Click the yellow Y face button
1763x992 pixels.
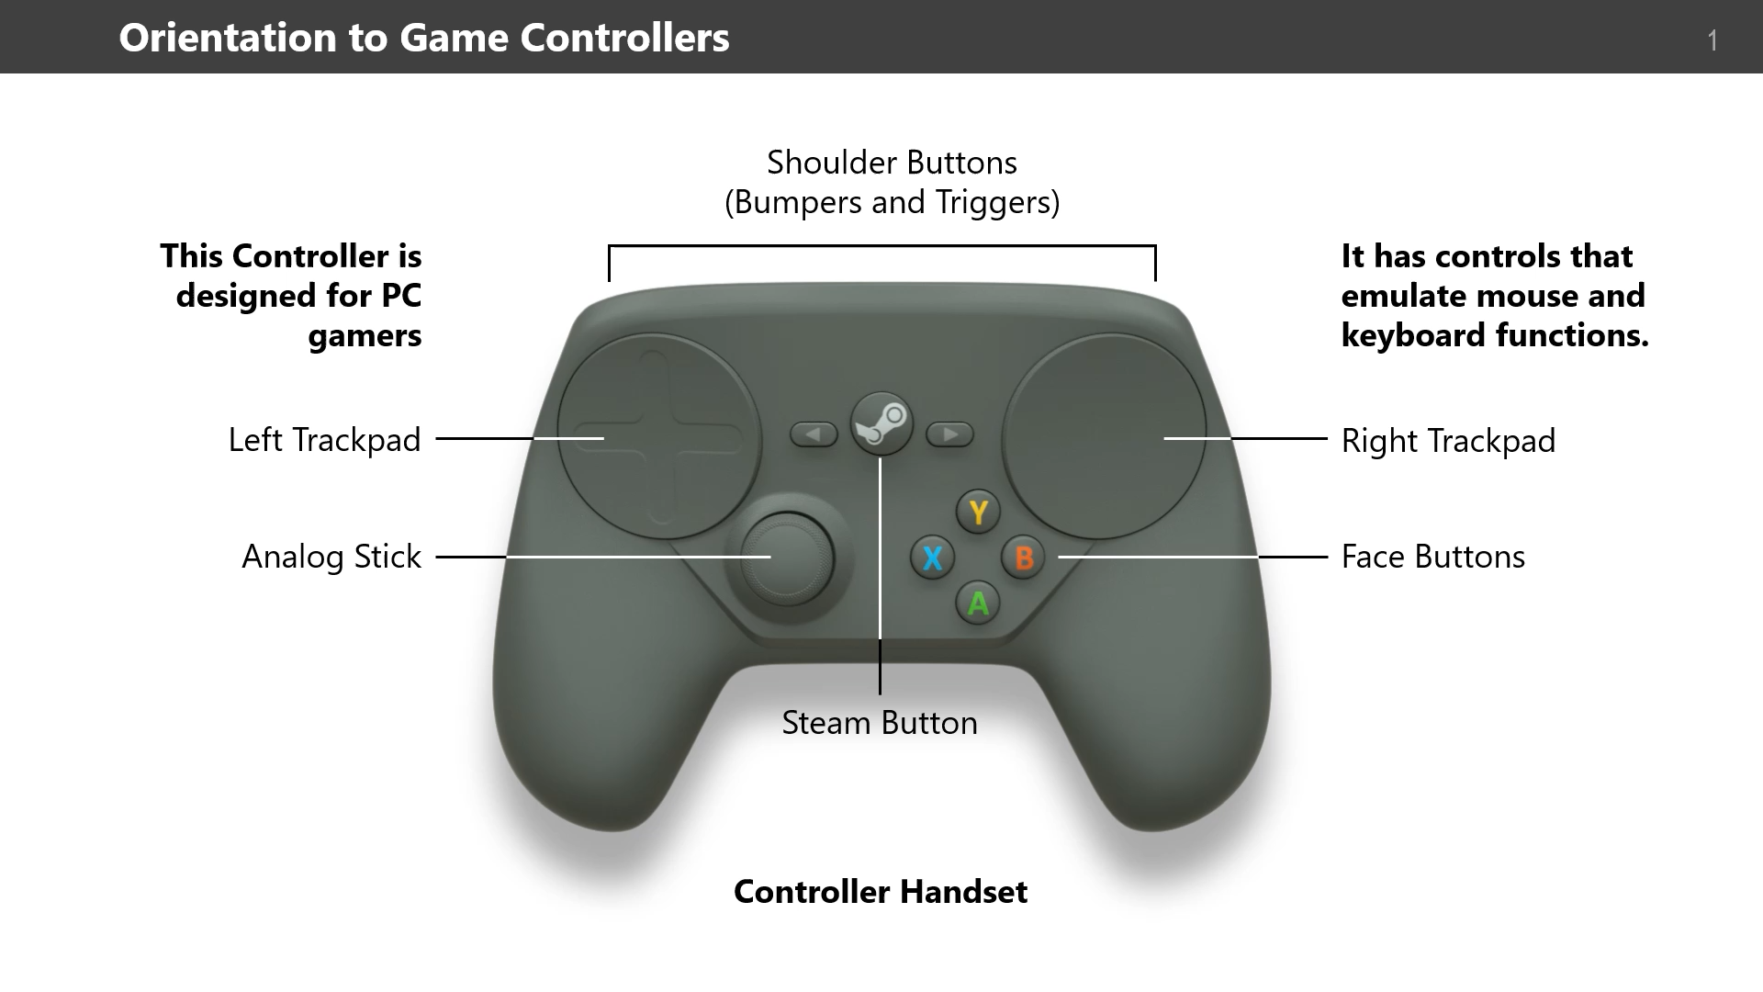[978, 512]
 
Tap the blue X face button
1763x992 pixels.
[932, 558]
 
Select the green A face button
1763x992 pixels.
[978, 603]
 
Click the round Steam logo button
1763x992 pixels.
[881, 423]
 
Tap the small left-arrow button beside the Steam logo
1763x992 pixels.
[814, 434]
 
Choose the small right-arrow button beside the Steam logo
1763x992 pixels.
[949, 434]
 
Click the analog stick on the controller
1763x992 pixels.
[787, 558]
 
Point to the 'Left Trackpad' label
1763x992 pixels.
[324, 440]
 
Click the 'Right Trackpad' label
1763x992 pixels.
[1448, 441]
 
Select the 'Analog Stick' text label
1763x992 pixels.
[331, 557]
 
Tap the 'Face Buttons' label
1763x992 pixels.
[1432, 557]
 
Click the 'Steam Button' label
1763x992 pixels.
[879, 723]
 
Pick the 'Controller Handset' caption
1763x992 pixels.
[880, 891]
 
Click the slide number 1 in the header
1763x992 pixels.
[1712, 40]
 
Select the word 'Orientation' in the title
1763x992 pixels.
[228, 38]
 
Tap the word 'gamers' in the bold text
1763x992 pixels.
[365, 335]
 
